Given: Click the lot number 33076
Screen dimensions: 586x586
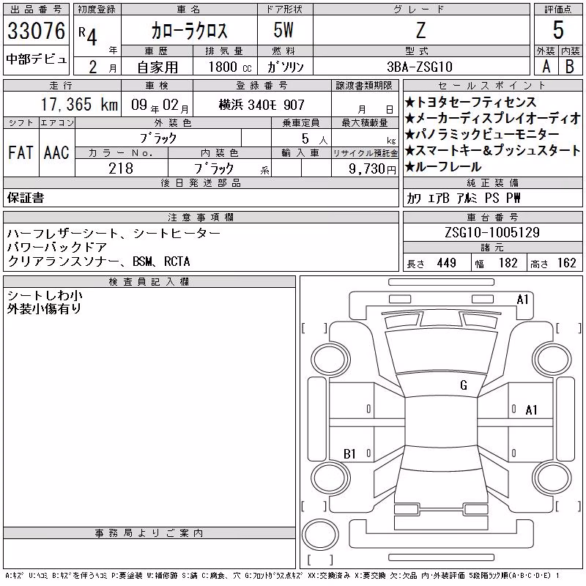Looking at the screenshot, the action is (x=36, y=31).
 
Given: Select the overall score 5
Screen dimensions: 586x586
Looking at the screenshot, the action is (x=558, y=30).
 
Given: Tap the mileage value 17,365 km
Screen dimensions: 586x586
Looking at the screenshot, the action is (x=79, y=104).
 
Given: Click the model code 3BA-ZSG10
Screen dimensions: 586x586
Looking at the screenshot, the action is (x=420, y=67).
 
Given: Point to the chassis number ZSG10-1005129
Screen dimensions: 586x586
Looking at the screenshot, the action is (x=492, y=232).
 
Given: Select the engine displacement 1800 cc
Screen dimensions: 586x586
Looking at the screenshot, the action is (x=230, y=67).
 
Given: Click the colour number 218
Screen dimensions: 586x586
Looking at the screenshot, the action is (x=121, y=168).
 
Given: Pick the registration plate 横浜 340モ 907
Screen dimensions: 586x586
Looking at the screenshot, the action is (x=262, y=105).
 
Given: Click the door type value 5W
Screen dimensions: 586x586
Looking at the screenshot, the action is (x=283, y=30).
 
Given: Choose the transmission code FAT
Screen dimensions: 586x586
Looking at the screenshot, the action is (x=21, y=152).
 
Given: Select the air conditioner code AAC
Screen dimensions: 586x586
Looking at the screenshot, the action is (x=56, y=152).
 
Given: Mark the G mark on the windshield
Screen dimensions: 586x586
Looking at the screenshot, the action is (x=464, y=385).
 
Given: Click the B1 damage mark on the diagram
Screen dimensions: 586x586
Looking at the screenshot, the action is (x=349, y=453).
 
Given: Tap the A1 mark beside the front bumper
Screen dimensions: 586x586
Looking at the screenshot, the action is (x=522, y=300).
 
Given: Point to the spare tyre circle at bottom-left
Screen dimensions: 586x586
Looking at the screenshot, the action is (x=320, y=535).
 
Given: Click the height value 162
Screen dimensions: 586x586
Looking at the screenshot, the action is (x=566, y=263).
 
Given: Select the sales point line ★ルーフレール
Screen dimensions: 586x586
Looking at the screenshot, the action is (x=443, y=167).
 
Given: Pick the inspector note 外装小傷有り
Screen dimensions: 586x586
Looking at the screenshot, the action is (x=44, y=308).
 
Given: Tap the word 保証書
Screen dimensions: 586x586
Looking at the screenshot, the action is (x=26, y=198).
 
